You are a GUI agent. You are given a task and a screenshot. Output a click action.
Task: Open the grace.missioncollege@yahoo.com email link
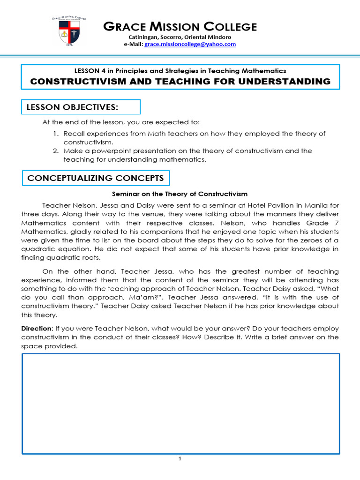pyautogui.click(x=190, y=44)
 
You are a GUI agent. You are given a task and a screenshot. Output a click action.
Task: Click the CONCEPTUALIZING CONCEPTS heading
pyautogui.click(x=96, y=178)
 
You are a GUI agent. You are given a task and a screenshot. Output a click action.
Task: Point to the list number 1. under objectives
pyautogui.click(x=55, y=134)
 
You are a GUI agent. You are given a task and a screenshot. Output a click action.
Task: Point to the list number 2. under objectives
pyautogui.click(x=55, y=151)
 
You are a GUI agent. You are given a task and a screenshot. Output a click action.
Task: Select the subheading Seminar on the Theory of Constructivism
pyautogui.click(x=180, y=194)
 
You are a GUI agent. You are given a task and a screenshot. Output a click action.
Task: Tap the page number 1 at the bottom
pyautogui.click(x=180, y=459)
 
